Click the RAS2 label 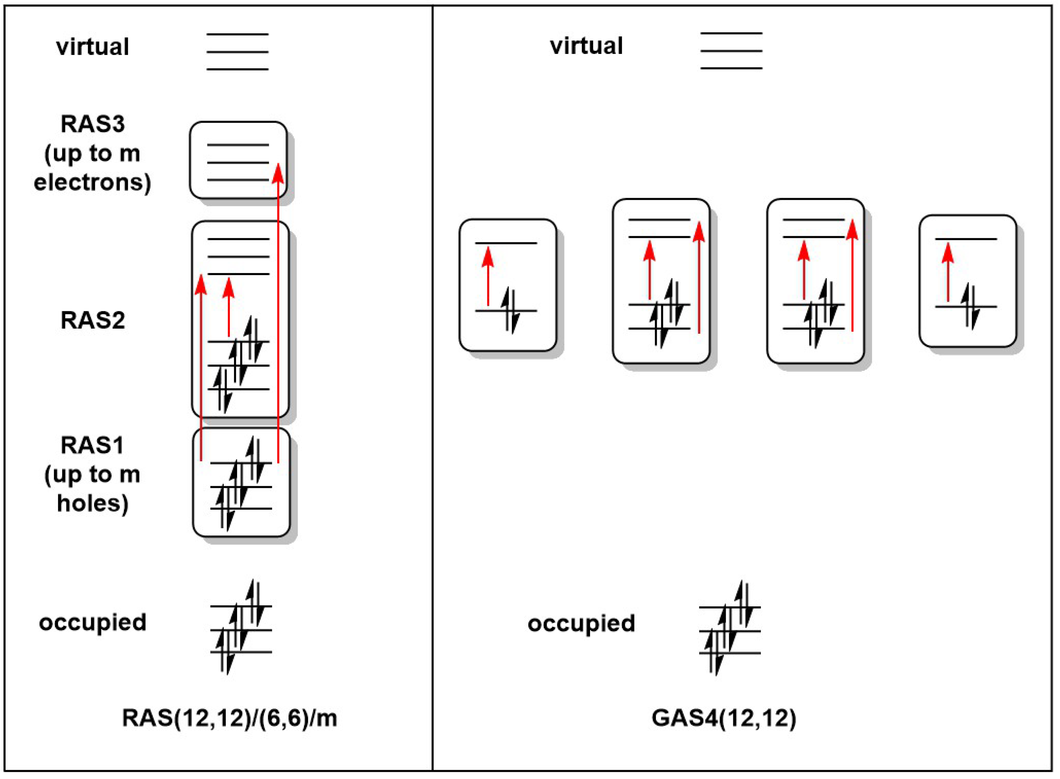93,321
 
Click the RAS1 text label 92,445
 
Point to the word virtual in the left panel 92,47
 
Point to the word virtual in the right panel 586,46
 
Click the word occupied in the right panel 581,624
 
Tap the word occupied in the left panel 92,623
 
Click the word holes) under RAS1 93,503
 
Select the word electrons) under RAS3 92,182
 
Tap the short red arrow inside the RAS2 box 229,306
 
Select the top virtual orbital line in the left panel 237,34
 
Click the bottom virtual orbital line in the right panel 731,69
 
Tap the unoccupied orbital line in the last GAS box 966,239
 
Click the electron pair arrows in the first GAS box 511,311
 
